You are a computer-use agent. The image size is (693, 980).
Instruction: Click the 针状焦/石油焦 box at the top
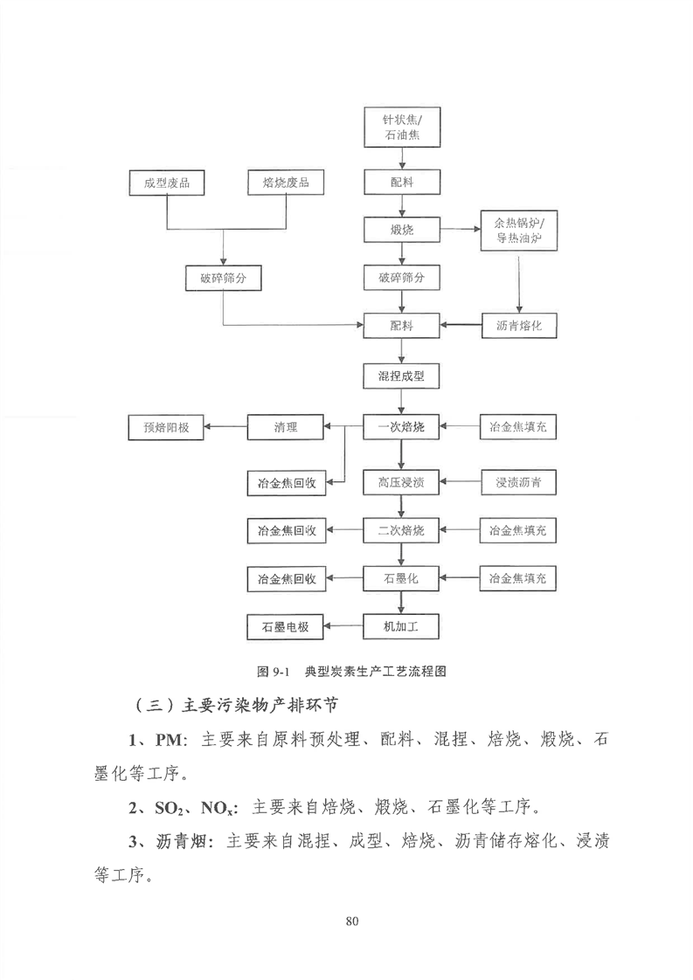tap(402, 127)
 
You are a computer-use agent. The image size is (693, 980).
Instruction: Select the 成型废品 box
tap(166, 183)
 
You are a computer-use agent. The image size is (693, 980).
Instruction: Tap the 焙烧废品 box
tap(286, 183)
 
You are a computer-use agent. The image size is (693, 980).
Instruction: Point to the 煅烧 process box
tap(402, 230)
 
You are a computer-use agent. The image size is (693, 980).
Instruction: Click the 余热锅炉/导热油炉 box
tap(518, 230)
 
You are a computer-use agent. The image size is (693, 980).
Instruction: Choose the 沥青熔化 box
tap(518, 326)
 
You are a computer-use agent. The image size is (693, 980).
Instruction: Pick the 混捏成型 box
tap(401, 376)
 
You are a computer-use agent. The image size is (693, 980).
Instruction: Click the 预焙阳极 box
tap(166, 427)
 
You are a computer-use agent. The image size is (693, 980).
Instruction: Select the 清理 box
tap(285, 427)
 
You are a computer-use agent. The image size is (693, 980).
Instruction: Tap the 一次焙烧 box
tap(401, 427)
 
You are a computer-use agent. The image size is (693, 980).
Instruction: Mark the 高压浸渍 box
tap(401, 482)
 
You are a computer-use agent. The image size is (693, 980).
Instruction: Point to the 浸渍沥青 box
tap(518, 482)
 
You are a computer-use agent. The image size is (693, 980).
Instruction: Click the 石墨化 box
tap(401, 579)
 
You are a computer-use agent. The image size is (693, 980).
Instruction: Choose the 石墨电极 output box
tap(286, 627)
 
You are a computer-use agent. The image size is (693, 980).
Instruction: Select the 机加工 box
tap(401, 626)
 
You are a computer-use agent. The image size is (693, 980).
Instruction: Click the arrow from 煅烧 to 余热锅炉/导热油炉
tap(461, 230)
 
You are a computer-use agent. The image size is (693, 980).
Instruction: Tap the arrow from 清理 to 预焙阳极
tap(225, 427)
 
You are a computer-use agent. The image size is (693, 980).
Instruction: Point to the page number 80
tap(351, 921)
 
